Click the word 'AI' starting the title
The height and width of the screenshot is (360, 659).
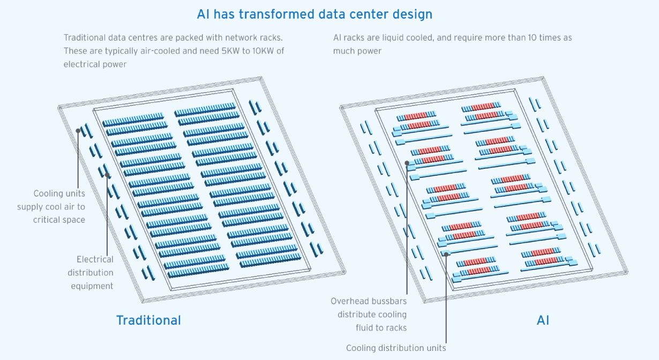(204, 14)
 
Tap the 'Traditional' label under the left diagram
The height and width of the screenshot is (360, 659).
(148, 320)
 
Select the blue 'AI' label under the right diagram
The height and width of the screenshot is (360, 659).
(543, 320)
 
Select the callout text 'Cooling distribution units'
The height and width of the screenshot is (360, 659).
(396, 348)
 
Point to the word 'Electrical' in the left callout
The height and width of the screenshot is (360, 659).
(95, 259)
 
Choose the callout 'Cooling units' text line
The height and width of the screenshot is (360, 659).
(59, 193)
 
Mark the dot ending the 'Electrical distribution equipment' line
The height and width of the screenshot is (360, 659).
(108, 175)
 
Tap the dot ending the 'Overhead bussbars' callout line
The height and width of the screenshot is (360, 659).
(407, 162)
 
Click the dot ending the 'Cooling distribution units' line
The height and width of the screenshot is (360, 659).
(446, 254)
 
